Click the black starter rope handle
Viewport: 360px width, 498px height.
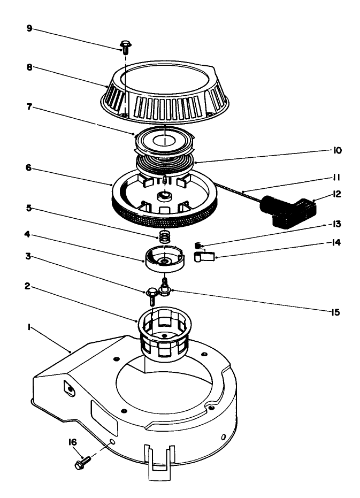(x=287, y=210)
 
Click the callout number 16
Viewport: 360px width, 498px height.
(x=72, y=441)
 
